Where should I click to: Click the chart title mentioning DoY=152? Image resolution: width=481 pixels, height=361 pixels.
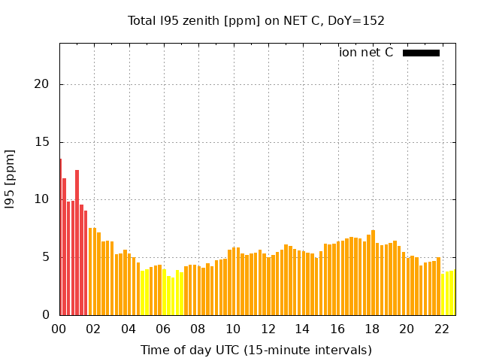pyautogui.click(x=256, y=21)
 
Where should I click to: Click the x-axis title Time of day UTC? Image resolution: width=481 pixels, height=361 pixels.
pyautogui.click(x=256, y=350)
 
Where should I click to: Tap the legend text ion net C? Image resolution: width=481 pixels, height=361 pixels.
pyautogui.click(x=366, y=53)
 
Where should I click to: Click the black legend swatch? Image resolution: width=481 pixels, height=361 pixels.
pyautogui.click(x=421, y=53)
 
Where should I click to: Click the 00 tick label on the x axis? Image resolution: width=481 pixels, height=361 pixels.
pyautogui.click(x=59, y=329)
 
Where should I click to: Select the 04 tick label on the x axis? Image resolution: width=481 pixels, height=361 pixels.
pyautogui.click(x=129, y=329)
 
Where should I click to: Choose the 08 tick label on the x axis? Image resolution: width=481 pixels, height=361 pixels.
pyautogui.click(x=198, y=329)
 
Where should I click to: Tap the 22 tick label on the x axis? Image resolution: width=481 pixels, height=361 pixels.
pyautogui.click(x=442, y=329)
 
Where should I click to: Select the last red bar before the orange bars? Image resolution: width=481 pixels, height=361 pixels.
pyautogui.click(x=86, y=262)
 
